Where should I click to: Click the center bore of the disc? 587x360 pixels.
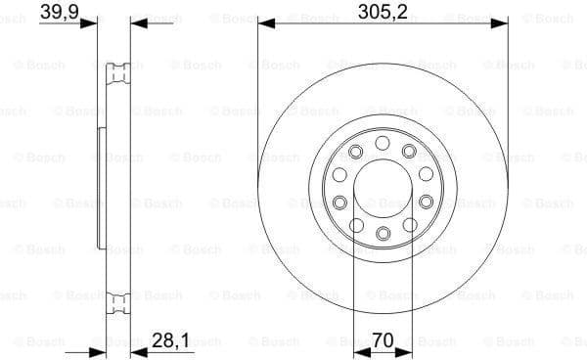[x=384, y=188]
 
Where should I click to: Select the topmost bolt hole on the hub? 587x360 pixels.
[x=384, y=143]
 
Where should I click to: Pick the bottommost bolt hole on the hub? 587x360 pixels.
[x=384, y=233]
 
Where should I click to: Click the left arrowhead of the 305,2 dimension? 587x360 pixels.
[x=264, y=22]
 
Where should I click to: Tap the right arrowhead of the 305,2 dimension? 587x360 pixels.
[x=503, y=22]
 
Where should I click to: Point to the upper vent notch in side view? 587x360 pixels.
[x=122, y=69]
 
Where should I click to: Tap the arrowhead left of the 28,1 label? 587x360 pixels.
[x=137, y=348]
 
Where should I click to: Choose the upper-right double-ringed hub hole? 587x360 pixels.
[x=409, y=150]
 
